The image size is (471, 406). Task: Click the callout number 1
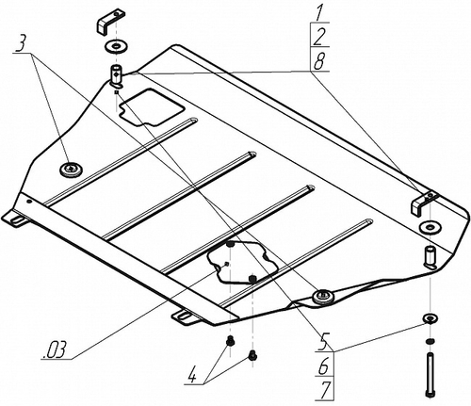[319, 13]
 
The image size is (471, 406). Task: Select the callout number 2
[319, 37]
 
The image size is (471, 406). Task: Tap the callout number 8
[319, 61]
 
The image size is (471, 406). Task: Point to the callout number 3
[20, 44]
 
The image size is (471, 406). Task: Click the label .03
[55, 349]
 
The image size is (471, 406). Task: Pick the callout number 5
[325, 342]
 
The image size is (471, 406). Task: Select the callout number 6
[325, 366]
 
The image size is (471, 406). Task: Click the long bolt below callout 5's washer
[430, 374]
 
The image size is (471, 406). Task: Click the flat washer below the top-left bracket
[115, 47]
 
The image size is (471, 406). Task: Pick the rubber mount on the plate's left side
[71, 170]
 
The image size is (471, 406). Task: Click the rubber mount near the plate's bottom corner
[323, 297]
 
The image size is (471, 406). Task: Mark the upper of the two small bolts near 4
[230, 340]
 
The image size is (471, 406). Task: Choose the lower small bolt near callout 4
[252, 356]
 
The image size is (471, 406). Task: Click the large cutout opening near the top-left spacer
[151, 107]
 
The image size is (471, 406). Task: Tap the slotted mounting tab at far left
[16, 218]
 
